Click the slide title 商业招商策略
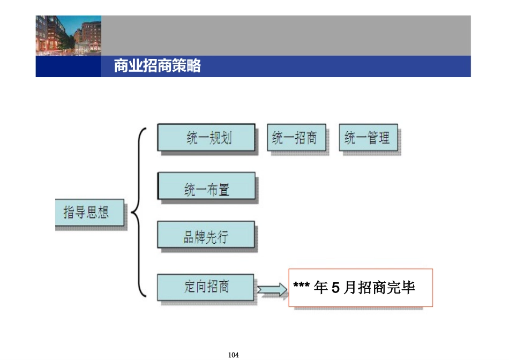click(157, 66)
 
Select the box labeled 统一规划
click(206, 138)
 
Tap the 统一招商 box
click(296, 138)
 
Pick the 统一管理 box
click(369, 138)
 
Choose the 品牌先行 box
click(206, 236)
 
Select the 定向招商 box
click(206, 287)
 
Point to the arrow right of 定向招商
click(272, 289)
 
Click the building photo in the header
click(68, 35)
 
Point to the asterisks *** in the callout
click(302, 288)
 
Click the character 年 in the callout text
click(321, 288)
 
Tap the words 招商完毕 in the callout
click(387, 288)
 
